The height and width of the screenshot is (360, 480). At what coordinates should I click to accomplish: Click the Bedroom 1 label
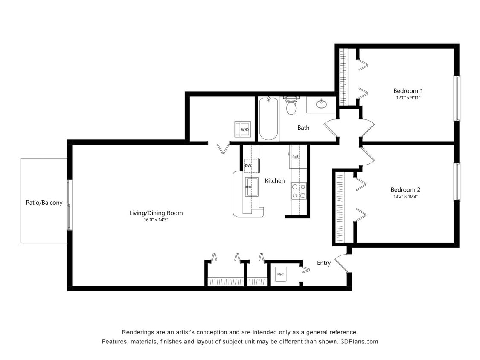[x=408, y=91]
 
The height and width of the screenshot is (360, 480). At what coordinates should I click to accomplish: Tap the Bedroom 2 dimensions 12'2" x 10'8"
[x=405, y=197]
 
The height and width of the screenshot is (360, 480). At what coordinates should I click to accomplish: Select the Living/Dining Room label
[x=156, y=213]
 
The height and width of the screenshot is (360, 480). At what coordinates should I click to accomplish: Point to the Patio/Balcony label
[x=44, y=203]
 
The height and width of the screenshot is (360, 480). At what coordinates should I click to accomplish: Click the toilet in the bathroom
[x=291, y=106]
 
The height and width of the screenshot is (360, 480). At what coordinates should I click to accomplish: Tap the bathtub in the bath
[x=268, y=119]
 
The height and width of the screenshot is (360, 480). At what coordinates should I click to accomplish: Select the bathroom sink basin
[x=321, y=104]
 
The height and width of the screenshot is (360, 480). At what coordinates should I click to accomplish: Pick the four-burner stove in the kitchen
[x=299, y=191]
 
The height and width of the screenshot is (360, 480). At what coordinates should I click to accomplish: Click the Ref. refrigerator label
[x=295, y=157]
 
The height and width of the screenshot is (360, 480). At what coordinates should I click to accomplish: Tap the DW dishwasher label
[x=248, y=165]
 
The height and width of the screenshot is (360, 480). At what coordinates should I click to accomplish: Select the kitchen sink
[x=252, y=187]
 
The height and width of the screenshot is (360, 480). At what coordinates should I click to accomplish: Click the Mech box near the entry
[x=281, y=274]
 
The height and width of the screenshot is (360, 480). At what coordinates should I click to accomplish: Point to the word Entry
[x=323, y=263]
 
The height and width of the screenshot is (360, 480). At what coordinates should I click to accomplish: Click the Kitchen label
[x=275, y=181]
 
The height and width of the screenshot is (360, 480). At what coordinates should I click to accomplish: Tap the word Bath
[x=303, y=128]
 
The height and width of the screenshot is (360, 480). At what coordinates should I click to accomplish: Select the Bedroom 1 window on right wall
[x=457, y=98]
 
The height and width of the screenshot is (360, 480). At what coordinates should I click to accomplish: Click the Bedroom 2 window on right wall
[x=457, y=182]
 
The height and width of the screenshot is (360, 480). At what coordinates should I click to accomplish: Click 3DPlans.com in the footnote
[x=359, y=342]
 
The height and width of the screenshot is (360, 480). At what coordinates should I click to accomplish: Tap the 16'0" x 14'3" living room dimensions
[x=156, y=220]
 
